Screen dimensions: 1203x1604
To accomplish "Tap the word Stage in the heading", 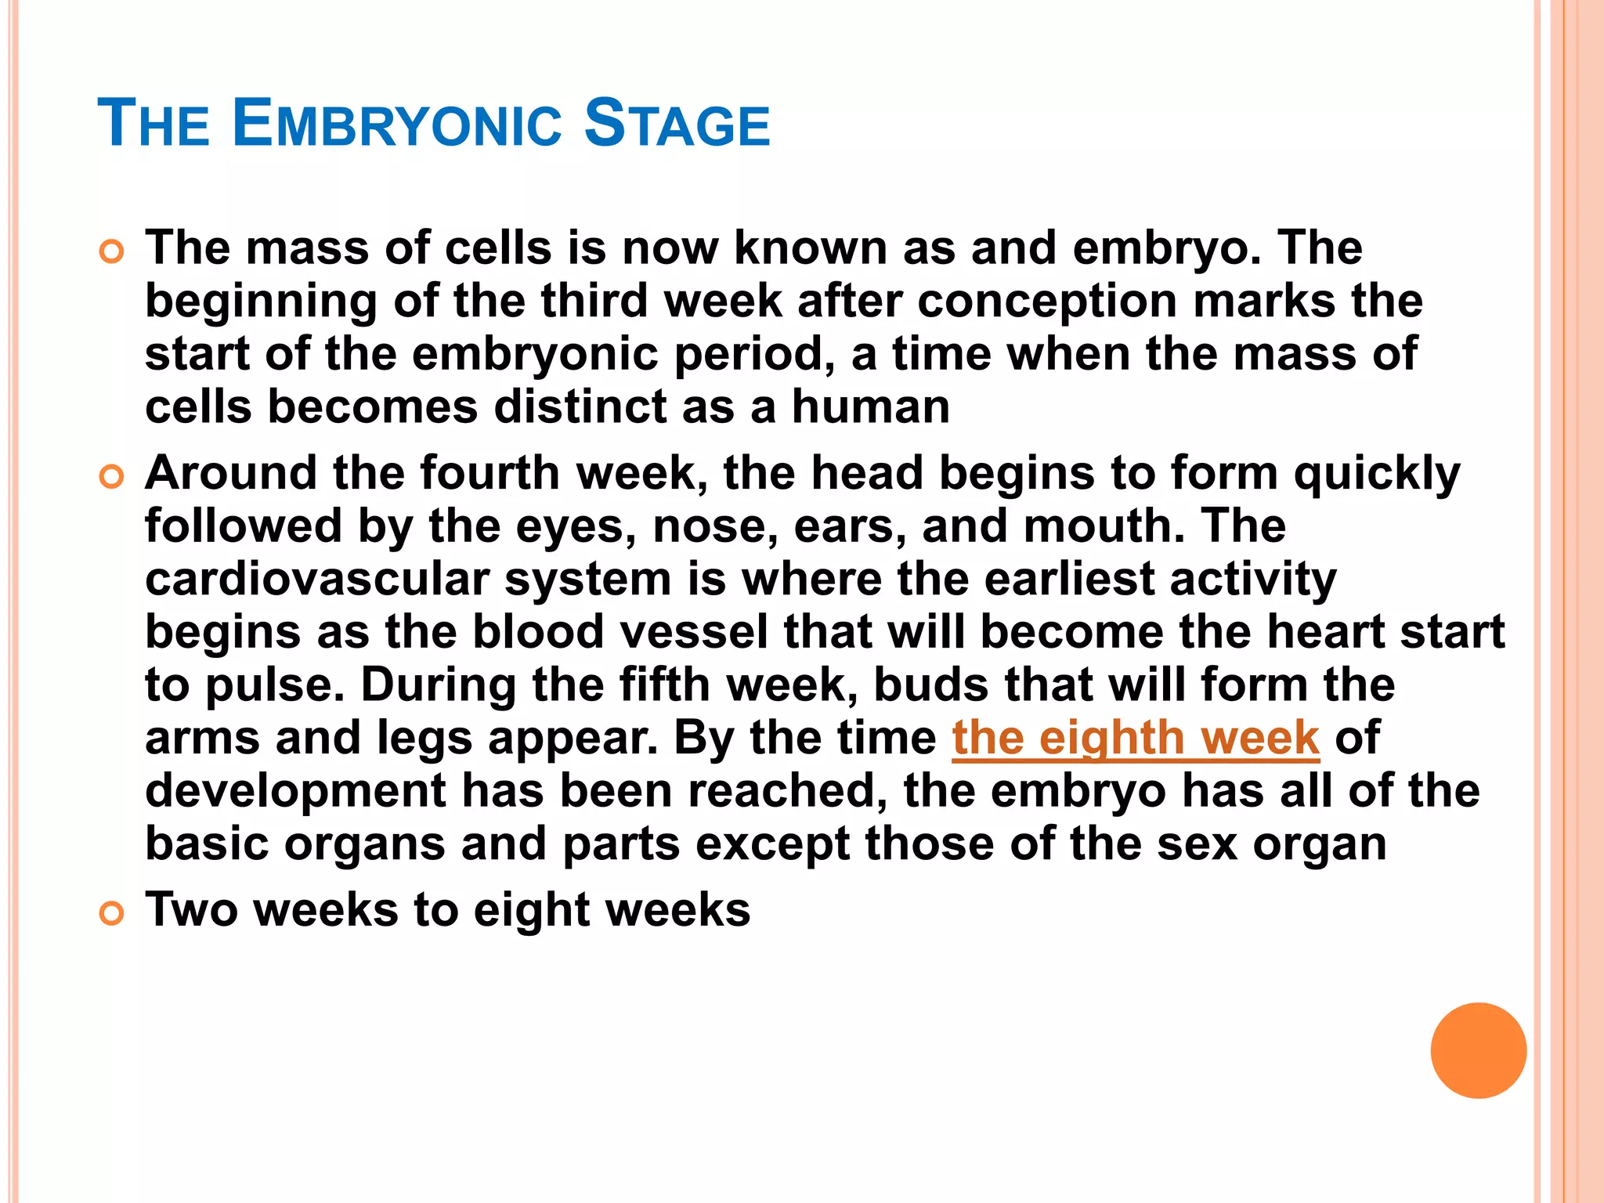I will pyautogui.click(x=677, y=125).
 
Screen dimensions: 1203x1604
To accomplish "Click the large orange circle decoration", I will pyautogui.click(x=1478, y=1050).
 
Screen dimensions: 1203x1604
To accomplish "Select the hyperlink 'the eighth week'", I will pyautogui.click(x=1136, y=738).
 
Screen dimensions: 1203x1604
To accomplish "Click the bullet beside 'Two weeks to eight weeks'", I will pyautogui.click(x=112, y=913).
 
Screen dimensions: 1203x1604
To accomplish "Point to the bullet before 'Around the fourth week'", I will pyautogui.click(x=112, y=476).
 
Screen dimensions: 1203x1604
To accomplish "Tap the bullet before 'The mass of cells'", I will pyautogui.click(x=112, y=251).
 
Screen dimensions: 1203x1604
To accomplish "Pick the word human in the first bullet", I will pyautogui.click(x=870, y=407).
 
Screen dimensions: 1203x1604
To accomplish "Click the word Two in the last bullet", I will pyautogui.click(x=191, y=910).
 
